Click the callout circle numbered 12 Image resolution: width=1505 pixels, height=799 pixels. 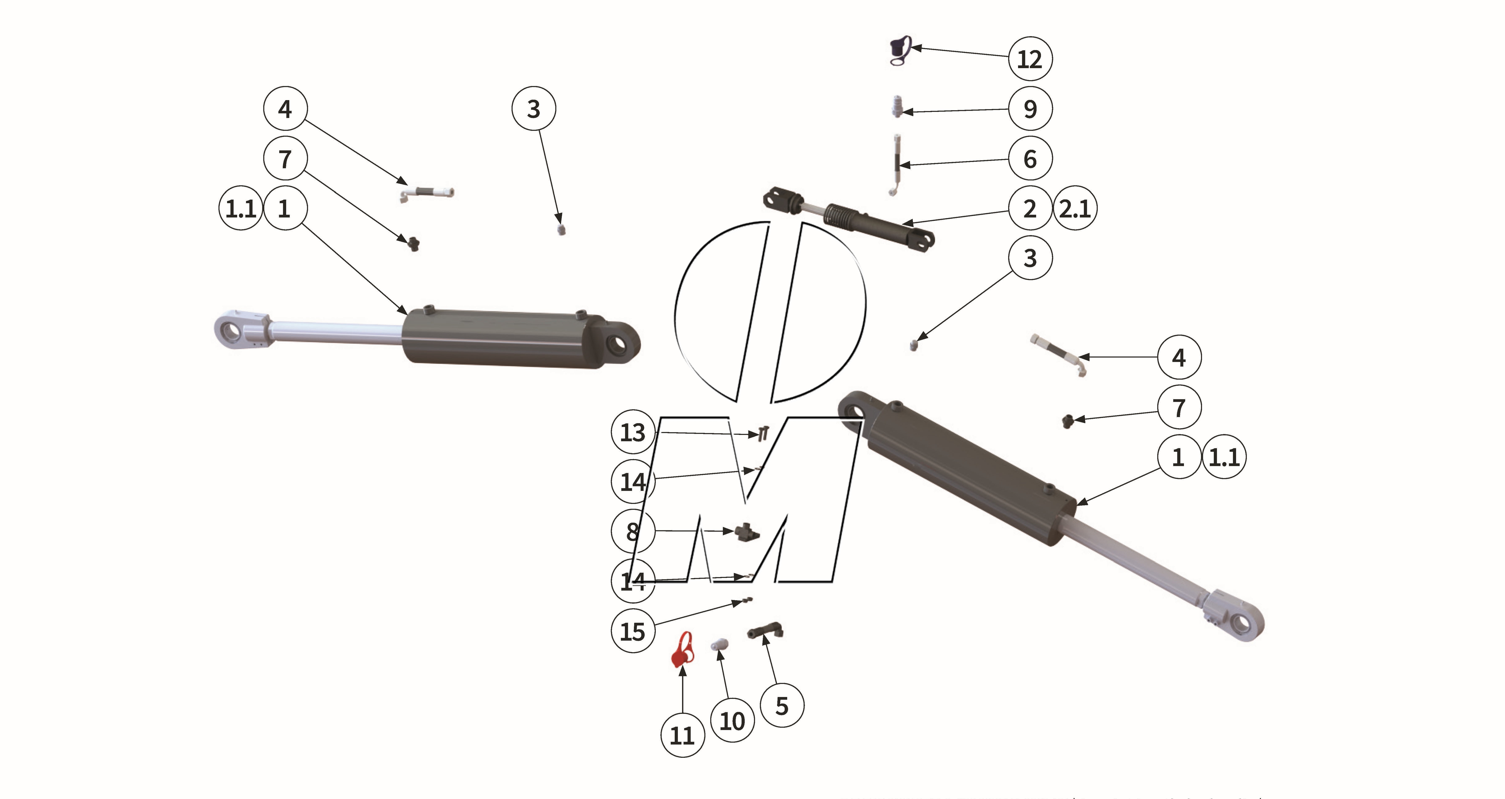pos(1030,58)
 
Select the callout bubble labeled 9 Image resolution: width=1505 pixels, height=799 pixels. pos(1030,109)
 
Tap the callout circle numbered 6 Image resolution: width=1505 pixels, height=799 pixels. pos(1030,158)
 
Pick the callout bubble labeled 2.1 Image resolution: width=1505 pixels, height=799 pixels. pos(1075,208)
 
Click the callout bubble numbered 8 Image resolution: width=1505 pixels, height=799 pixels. pos(633,531)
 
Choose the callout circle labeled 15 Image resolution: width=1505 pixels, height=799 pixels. pos(633,631)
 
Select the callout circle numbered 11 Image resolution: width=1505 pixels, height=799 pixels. pos(682,735)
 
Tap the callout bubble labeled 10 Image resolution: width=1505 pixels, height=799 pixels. pos(732,721)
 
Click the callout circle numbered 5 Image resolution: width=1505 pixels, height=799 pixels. pos(782,705)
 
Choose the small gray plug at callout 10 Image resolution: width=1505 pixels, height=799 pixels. pos(719,645)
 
